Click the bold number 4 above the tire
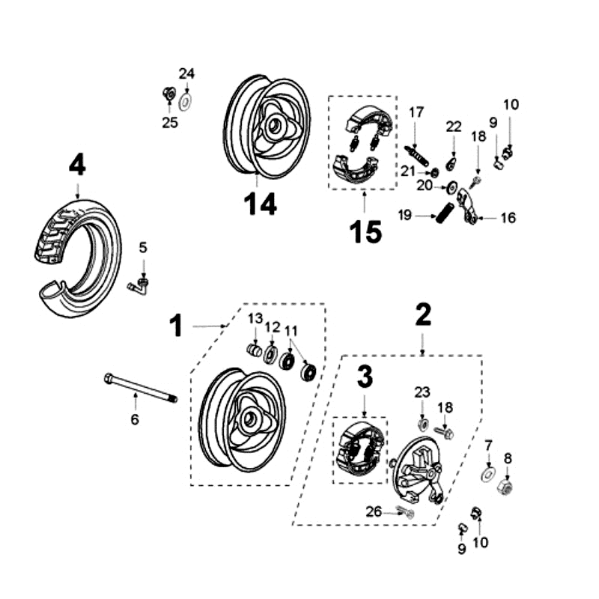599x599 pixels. pos(77,165)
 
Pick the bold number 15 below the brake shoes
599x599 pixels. pos(365,231)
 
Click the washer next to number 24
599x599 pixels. pos(186,97)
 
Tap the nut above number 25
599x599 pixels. pos(169,94)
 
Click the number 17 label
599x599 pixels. pos(416,112)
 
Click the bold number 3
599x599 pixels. pos(365,377)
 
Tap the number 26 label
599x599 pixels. pos(374,511)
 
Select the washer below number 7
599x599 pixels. pos(488,475)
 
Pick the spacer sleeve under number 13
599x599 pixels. pos(255,351)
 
